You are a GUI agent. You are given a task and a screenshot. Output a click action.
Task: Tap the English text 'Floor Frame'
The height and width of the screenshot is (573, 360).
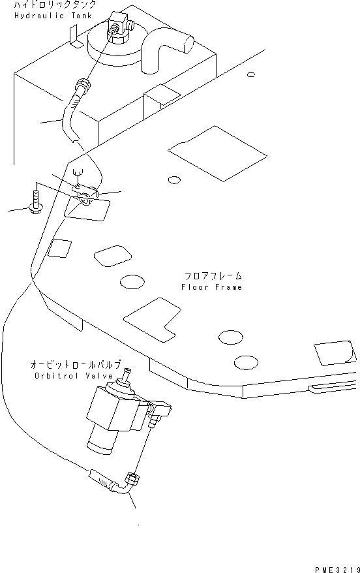tap(212, 287)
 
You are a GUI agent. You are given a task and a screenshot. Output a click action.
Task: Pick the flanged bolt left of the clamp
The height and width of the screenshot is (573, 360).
tap(35, 200)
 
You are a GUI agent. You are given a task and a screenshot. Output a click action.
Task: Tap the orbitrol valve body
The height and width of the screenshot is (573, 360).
tap(111, 411)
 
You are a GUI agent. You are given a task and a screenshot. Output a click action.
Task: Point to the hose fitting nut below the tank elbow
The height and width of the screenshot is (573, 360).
tap(82, 85)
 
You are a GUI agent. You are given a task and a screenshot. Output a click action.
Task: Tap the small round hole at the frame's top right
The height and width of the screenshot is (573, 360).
tap(251, 74)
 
